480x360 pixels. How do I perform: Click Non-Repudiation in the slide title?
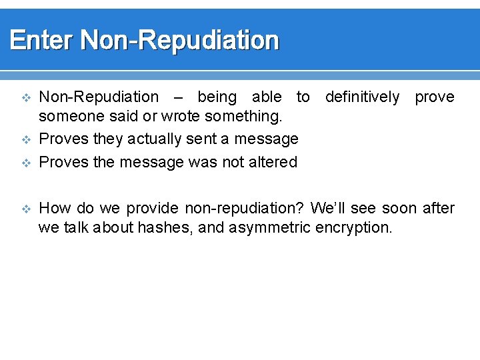(179, 41)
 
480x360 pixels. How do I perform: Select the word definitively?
(362, 97)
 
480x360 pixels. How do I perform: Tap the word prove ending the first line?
(434, 97)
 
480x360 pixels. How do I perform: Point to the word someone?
(69, 117)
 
